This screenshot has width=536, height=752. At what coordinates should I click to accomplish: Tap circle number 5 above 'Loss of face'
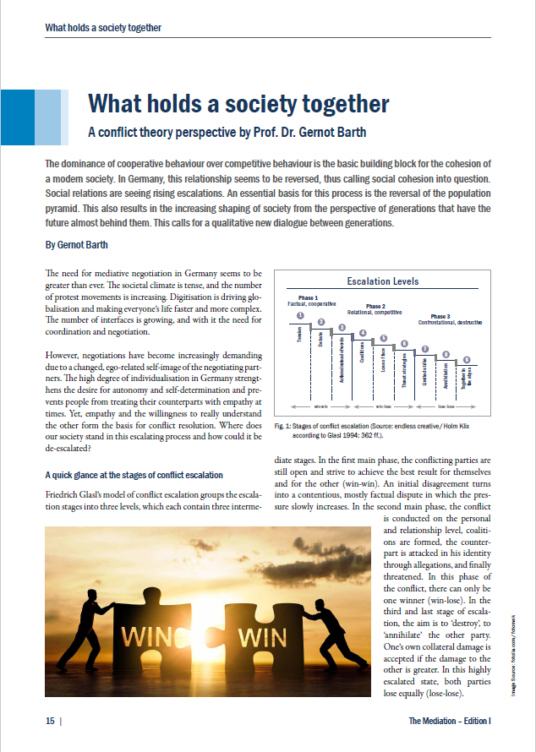383,339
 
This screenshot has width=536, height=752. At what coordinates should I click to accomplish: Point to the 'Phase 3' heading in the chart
440,317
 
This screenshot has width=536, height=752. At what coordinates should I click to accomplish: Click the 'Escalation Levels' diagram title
383,281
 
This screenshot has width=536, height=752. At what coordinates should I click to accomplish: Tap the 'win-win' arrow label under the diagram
320,406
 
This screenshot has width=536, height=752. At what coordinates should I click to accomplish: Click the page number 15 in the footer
50,721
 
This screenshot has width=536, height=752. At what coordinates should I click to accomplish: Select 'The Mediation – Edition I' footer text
450,721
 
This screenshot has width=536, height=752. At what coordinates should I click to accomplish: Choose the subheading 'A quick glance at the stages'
134,475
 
